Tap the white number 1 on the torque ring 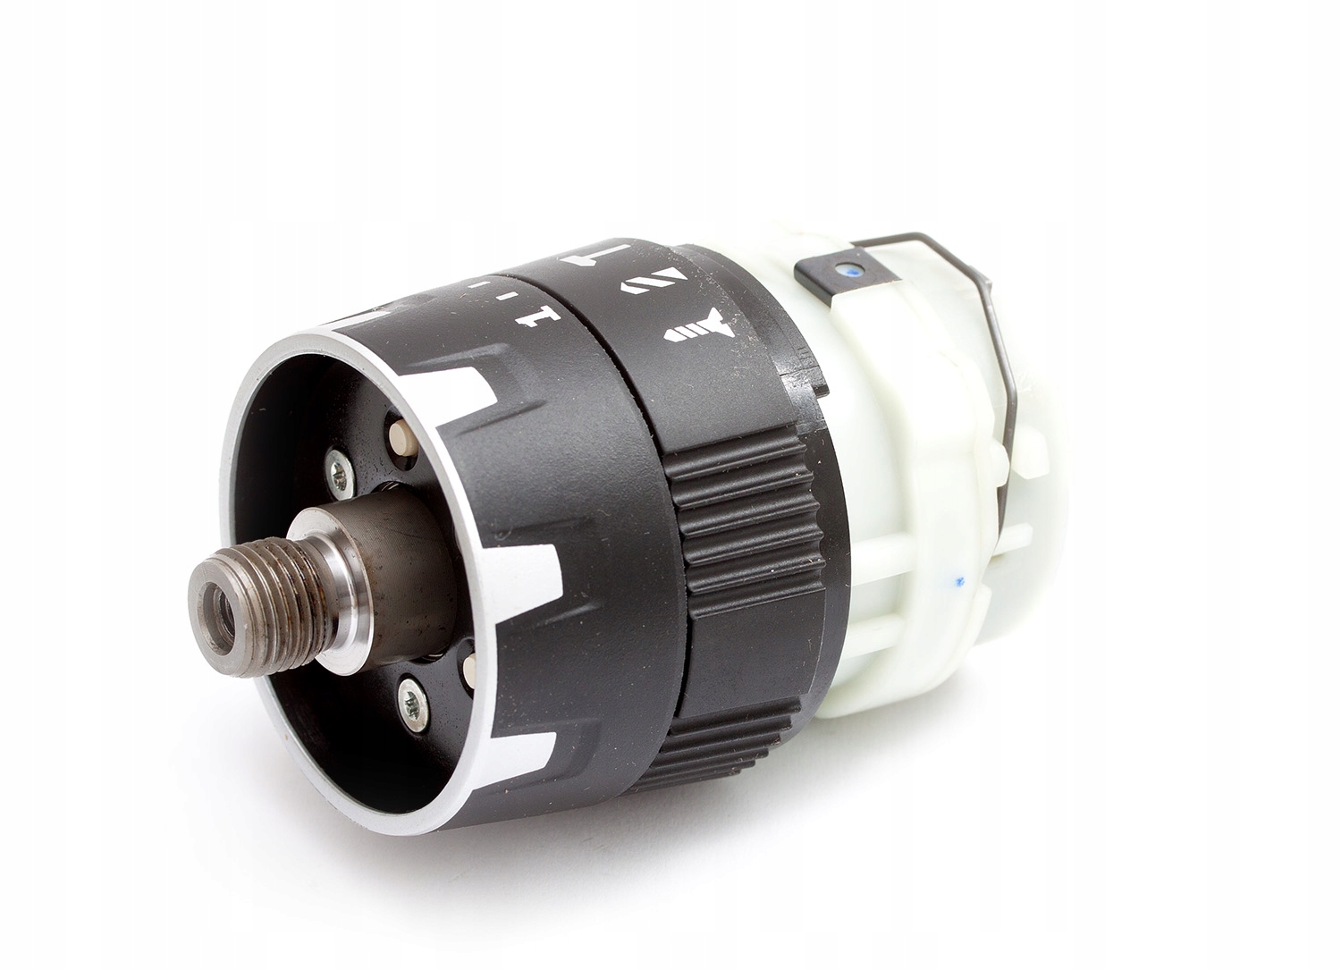coord(536,316)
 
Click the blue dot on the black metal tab coord(845,266)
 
